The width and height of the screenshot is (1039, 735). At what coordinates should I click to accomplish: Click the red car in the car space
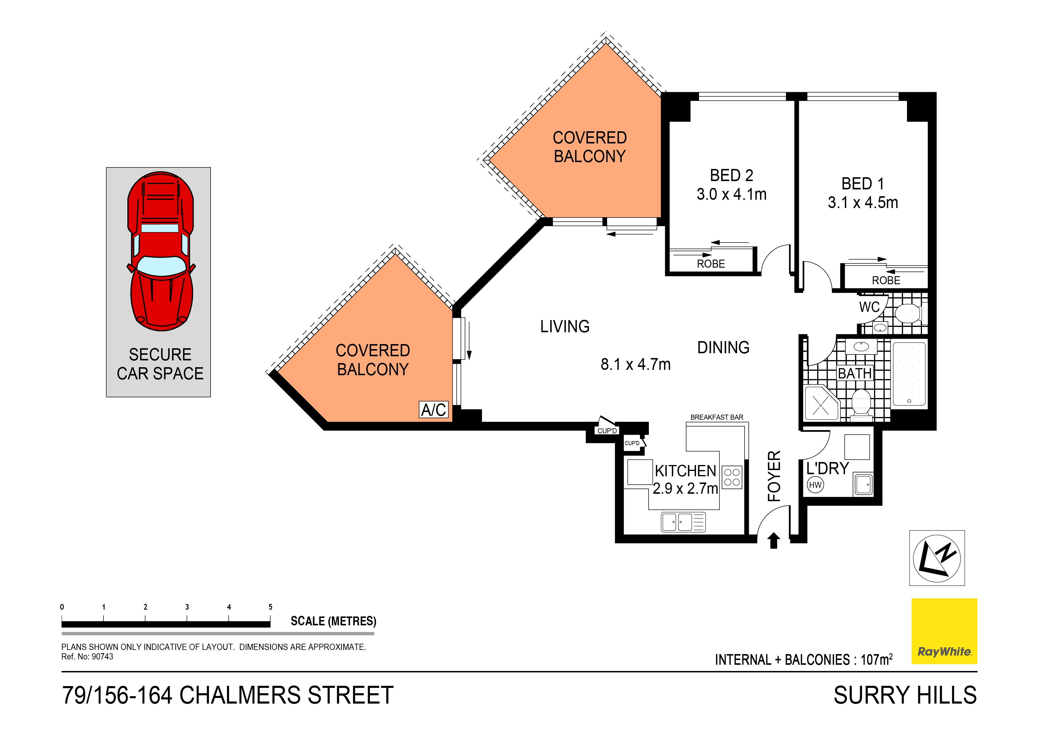coord(161,251)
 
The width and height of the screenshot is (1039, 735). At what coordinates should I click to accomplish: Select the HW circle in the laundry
coord(815,485)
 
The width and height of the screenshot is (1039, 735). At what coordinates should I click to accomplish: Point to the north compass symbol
coord(937,558)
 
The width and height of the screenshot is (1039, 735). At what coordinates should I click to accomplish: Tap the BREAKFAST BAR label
coord(717,417)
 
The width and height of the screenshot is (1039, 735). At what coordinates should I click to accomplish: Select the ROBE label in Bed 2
coord(711,263)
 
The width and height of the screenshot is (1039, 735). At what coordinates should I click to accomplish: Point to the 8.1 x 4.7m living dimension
coord(635,364)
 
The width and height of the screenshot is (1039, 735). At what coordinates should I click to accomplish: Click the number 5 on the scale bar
coord(271,607)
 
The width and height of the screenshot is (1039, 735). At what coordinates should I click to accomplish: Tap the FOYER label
coord(774,476)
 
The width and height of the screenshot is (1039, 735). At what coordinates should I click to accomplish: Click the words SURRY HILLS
coord(905,695)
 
